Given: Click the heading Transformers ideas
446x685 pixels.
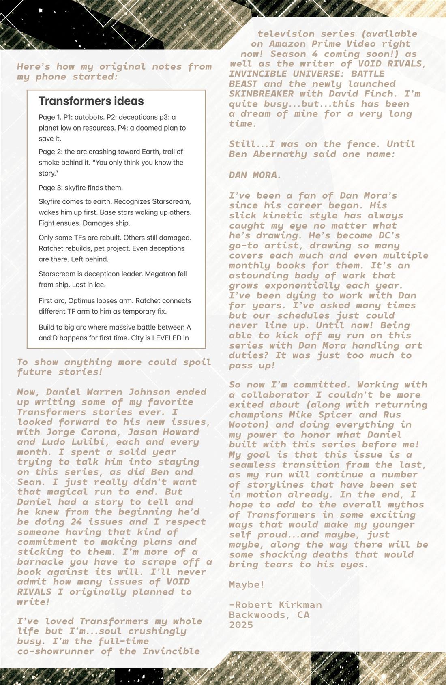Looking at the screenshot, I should point(91,101).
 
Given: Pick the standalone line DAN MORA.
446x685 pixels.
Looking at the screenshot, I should point(255,175).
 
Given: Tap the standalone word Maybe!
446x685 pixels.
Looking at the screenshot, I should point(247,584).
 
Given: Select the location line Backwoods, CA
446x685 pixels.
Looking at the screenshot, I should point(269,615).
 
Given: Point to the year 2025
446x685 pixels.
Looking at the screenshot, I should point(241,625).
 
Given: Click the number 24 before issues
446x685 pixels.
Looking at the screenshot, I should point(77,522).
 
